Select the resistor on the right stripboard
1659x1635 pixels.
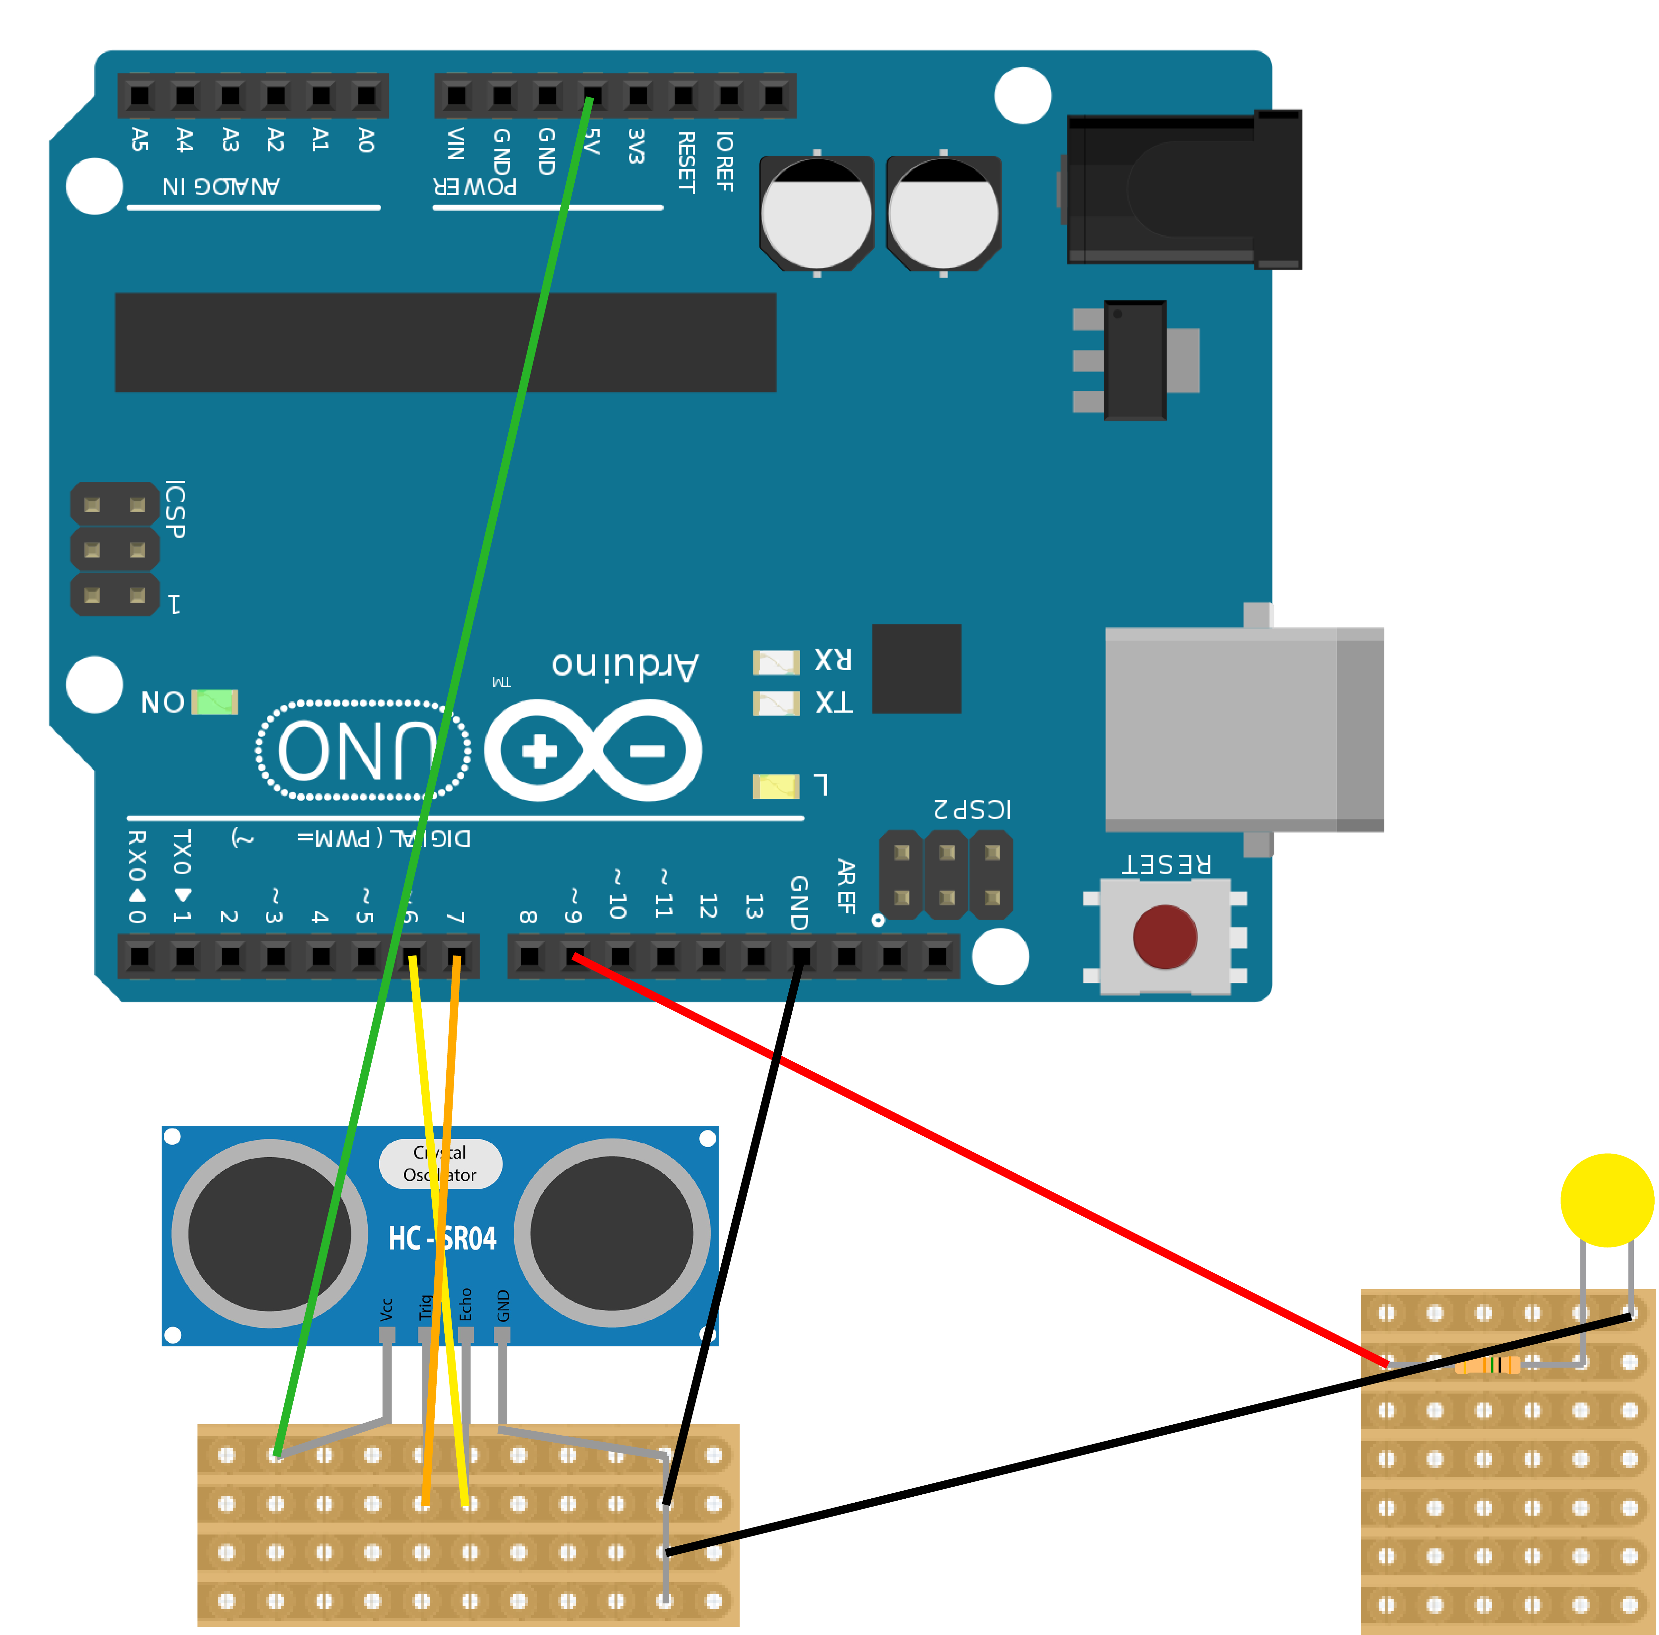(x=1487, y=1365)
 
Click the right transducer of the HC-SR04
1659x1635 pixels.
(x=612, y=1234)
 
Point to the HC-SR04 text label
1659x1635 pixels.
(x=442, y=1238)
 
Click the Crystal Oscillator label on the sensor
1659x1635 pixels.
(x=441, y=1164)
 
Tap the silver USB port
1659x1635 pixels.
(x=1243, y=729)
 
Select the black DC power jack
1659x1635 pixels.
(x=1183, y=189)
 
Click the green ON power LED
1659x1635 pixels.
(x=214, y=702)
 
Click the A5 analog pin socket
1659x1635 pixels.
(x=140, y=95)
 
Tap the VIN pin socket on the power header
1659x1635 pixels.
(x=457, y=95)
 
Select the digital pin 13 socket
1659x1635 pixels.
(x=756, y=956)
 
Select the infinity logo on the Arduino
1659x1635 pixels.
(x=593, y=750)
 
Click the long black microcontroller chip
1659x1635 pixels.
(x=445, y=342)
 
